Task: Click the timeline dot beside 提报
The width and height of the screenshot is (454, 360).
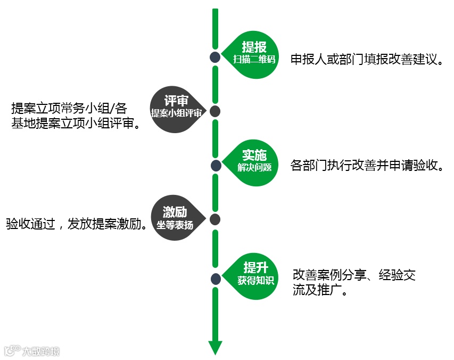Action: (215, 58)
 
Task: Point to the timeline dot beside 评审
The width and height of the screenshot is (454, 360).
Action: (215, 111)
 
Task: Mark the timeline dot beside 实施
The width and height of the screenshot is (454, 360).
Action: (216, 166)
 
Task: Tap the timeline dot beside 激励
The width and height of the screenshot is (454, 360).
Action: (215, 219)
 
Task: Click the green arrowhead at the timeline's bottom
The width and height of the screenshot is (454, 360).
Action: (215, 347)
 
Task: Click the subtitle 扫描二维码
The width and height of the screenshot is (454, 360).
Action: (254, 59)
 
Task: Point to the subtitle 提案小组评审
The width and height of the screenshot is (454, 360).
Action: (176, 113)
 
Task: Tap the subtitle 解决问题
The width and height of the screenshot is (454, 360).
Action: (254, 167)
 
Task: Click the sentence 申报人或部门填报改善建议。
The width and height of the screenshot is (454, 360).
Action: (367, 59)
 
